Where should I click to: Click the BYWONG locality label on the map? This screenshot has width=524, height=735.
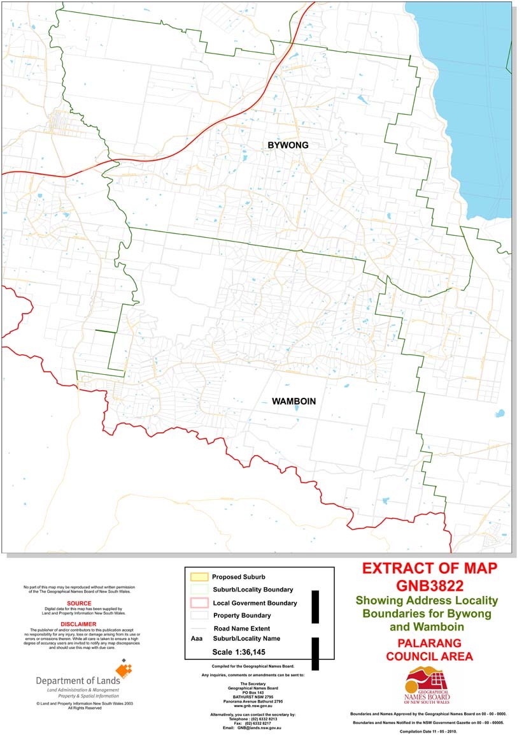(x=288, y=145)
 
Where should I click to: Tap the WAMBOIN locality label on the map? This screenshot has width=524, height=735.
(x=294, y=402)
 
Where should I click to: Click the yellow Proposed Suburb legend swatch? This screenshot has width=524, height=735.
(x=199, y=577)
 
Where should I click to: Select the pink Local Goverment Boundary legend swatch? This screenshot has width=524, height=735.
(x=199, y=603)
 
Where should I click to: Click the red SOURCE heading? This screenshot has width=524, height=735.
(x=79, y=602)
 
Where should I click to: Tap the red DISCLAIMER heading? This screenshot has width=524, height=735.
(x=79, y=624)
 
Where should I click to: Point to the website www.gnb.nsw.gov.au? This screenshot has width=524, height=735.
(x=253, y=706)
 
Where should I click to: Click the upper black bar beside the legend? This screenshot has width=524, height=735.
(x=315, y=606)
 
